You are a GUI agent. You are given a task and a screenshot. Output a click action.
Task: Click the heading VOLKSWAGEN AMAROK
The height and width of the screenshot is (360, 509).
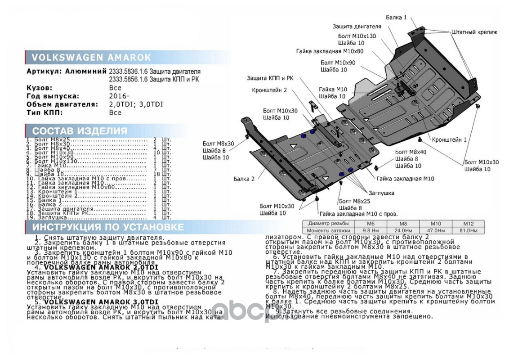(91, 57)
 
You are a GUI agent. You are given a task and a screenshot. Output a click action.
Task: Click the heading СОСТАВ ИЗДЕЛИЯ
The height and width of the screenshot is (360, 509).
(80, 131)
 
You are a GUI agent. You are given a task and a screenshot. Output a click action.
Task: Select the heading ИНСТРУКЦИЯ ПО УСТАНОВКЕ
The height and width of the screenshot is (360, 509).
(108, 227)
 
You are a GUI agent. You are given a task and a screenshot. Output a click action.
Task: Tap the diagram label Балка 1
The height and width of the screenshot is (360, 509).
(396, 18)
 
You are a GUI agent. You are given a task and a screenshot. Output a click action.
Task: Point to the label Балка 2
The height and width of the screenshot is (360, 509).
(244, 179)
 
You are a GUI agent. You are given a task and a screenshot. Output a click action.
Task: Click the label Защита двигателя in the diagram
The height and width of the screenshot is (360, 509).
(353, 26)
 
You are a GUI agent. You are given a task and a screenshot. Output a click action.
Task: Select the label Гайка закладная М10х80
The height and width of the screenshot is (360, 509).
(330, 51)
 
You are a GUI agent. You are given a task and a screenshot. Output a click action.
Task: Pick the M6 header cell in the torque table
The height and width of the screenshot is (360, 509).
(371, 224)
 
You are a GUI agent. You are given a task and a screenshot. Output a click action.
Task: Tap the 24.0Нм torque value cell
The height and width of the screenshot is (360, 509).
(403, 230)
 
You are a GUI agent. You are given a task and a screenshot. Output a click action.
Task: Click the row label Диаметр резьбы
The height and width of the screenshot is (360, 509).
(328, 224)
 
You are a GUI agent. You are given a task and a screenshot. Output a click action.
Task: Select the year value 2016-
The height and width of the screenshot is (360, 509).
(119, 96)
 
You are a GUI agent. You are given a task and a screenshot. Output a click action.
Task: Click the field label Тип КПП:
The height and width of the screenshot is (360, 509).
(45, 112)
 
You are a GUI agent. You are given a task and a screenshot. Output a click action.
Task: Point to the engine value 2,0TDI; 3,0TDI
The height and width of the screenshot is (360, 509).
(136, 104)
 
